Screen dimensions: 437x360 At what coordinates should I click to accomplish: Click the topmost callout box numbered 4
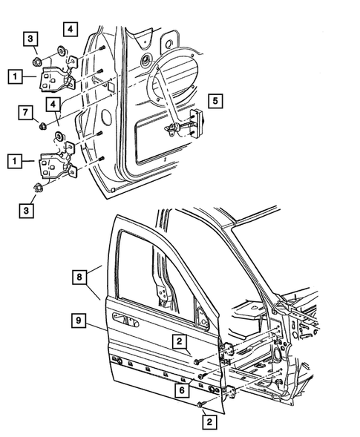tap(69, 29)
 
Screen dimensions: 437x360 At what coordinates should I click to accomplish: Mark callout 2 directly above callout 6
tap(180, 341)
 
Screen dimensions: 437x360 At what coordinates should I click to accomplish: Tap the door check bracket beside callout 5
tap(197, 120)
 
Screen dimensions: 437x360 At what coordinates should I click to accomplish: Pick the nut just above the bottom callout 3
tap(39, 187)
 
